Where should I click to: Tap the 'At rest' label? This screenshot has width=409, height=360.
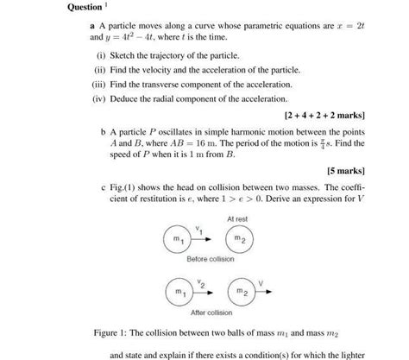pos(237,219)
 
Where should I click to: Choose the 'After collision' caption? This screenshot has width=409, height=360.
pos(210,313)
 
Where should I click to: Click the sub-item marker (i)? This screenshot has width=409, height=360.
pos(100,54)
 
